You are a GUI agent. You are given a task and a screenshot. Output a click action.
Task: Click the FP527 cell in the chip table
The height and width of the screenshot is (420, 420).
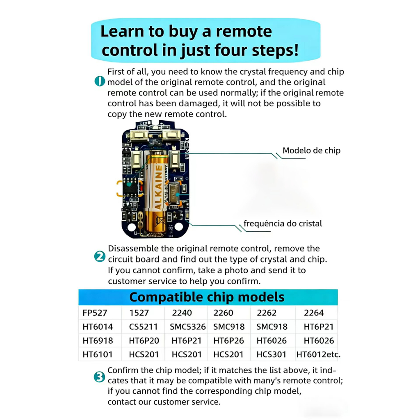pyautogui.click(x=95, y=313)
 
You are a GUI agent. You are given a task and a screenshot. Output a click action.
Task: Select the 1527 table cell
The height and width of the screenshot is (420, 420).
pyautogui.click(x=139, y=313)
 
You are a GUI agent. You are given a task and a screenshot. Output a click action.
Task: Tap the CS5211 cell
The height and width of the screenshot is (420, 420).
pyautogui.click(x=143, y=326)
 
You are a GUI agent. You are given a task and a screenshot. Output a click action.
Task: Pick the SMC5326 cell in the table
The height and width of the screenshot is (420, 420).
pyautogui.click(x=188, y=326)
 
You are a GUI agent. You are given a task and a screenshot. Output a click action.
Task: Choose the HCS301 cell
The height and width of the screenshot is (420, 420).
pyautogui.click(x=272, y=354)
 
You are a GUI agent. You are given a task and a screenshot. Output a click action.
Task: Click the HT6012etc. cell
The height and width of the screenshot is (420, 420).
pyautogui.click(x=318, y=354)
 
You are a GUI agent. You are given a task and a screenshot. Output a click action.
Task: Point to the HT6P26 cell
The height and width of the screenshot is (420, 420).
pyautogui.click(x=228, y=340)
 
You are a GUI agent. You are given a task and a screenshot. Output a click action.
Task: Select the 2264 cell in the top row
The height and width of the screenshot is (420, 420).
pyautogui.click(x=314, y=313)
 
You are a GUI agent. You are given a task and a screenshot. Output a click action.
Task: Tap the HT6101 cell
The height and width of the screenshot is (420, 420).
pyautogui.click(x=98, y=354)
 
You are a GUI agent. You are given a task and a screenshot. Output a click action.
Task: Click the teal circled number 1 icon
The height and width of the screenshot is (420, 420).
pyautogui.click(x=100, y=81)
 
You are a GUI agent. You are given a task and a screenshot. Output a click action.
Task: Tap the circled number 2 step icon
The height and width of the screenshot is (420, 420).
pyautogui.click(x=100, y=256)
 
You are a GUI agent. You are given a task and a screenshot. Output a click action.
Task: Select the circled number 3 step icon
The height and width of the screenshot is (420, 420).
pyautogui.click(x=99, y=377)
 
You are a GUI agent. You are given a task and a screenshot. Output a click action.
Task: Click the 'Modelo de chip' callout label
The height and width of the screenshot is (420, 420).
pyautogui.click(x=312, y=151)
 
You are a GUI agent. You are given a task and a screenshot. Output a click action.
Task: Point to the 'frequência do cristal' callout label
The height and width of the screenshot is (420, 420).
pyautogui.click(x=283, y=224)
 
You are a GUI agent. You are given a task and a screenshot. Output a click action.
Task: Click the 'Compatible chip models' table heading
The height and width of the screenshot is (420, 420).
pyautogui.click(x=207, y=297)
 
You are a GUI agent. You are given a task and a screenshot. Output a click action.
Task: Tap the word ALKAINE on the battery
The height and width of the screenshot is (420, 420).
pyautogui.click(x=159, y=187)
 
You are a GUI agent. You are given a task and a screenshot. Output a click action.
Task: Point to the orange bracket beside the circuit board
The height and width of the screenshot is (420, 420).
pyautogui.click(x=119, y=189)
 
